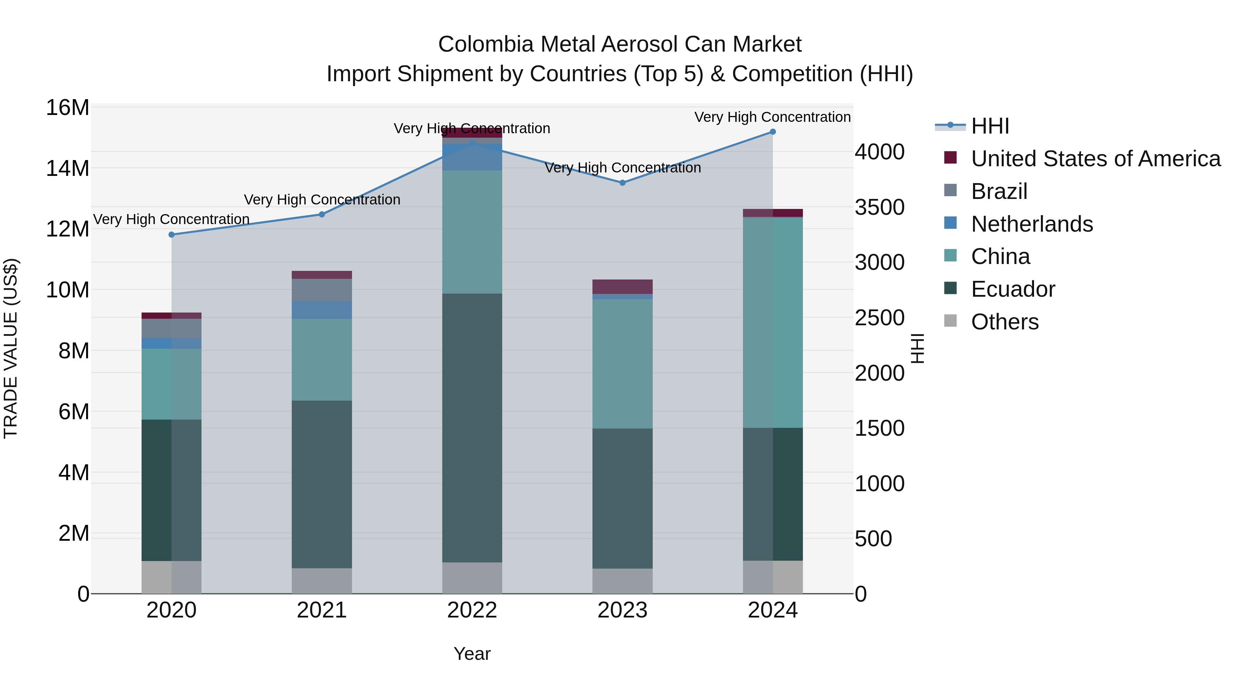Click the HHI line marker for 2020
pyautogui.click(x=172, y=235)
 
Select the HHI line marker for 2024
pyautogui.click(x=773, y=132)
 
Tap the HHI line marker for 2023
pyautogui.click(x=622, y=183)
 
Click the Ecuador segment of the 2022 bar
pyautogui.click(x=472, y=428)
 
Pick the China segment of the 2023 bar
pyautogui.click(x=622, y=364)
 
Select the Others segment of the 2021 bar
pyautogui.click(x=322, y=581)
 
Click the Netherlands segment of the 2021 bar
pyautogui.click(x=322, y=310)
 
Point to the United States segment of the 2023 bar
pyautogui.click(x=622, y=287)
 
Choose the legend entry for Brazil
pyautogui.click(x=999, y=191)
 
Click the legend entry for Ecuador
pyautogui.click(x=1013, y=289)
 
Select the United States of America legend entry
pyautogui.click(x=1096, y=159)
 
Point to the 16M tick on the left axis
pyautogui.click(x=68, y=108)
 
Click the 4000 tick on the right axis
pyautogui.click(x=879, y=152)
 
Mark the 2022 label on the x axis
pyautogui.click(x=472, y=610)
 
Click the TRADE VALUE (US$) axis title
pyautogui.click(x=11, y=348)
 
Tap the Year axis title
pyautogui.click(x=472, y=654)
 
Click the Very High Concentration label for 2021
pyautogui.click(x=322, y=200)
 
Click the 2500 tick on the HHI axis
pyautogui.click(x=879, y=318)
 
